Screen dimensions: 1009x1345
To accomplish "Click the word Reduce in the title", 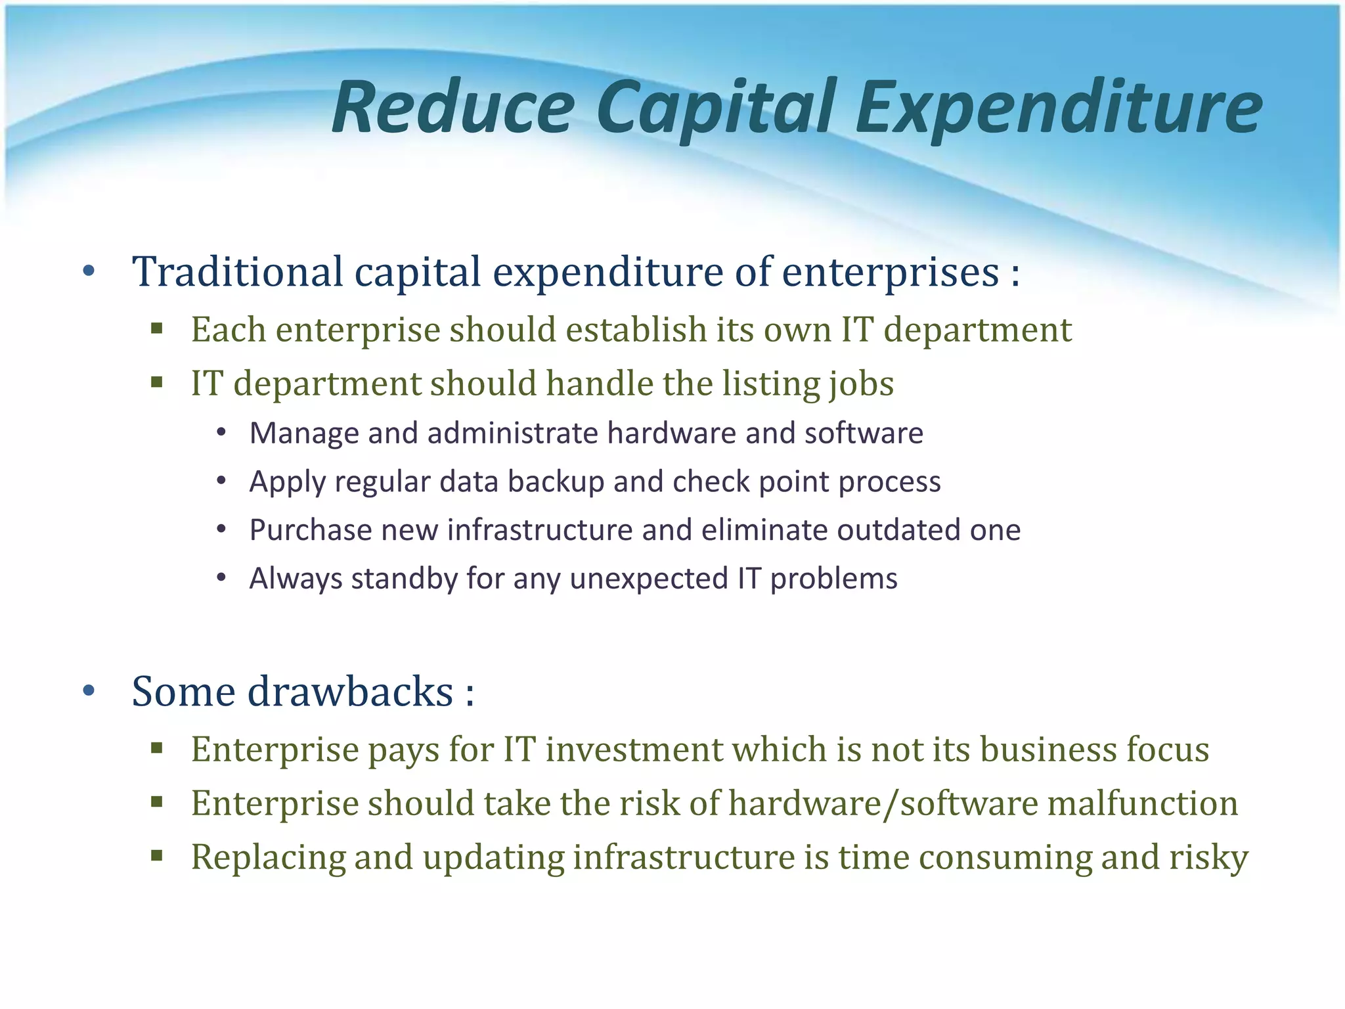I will click(453, 107).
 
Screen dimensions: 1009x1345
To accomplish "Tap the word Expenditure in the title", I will click(1059, 107).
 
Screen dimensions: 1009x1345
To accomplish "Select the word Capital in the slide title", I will click(716, 107).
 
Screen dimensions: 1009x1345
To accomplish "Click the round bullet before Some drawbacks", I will click(89, 690).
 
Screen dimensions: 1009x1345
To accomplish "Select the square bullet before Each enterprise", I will click(156, 328).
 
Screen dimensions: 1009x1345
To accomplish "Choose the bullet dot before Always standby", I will click(221, 578).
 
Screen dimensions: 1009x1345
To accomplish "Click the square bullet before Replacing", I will click(156, 855).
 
